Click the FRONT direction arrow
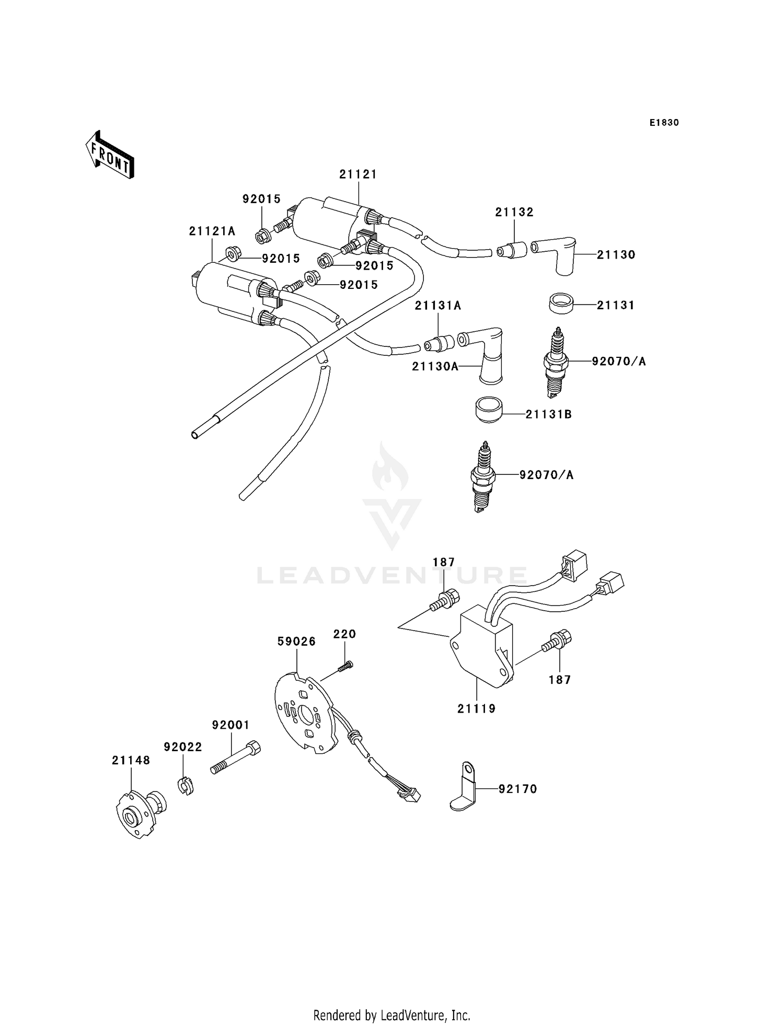pyautogui.click(x=110, y=155)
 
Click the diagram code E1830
pyautogui.click(x=664, y=123)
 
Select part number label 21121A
pyautogui.click(x=212, y=231)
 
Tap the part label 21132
pyautogui.click(x=514, y=212)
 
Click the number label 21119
pyautogui.click(x=476, y=709)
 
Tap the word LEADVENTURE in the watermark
pyautogui.click(x=392, y=576)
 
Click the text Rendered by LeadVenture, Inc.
pyautogui.click(x=391, y=1015)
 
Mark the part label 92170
pyautogui.click(x=517, y=789)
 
